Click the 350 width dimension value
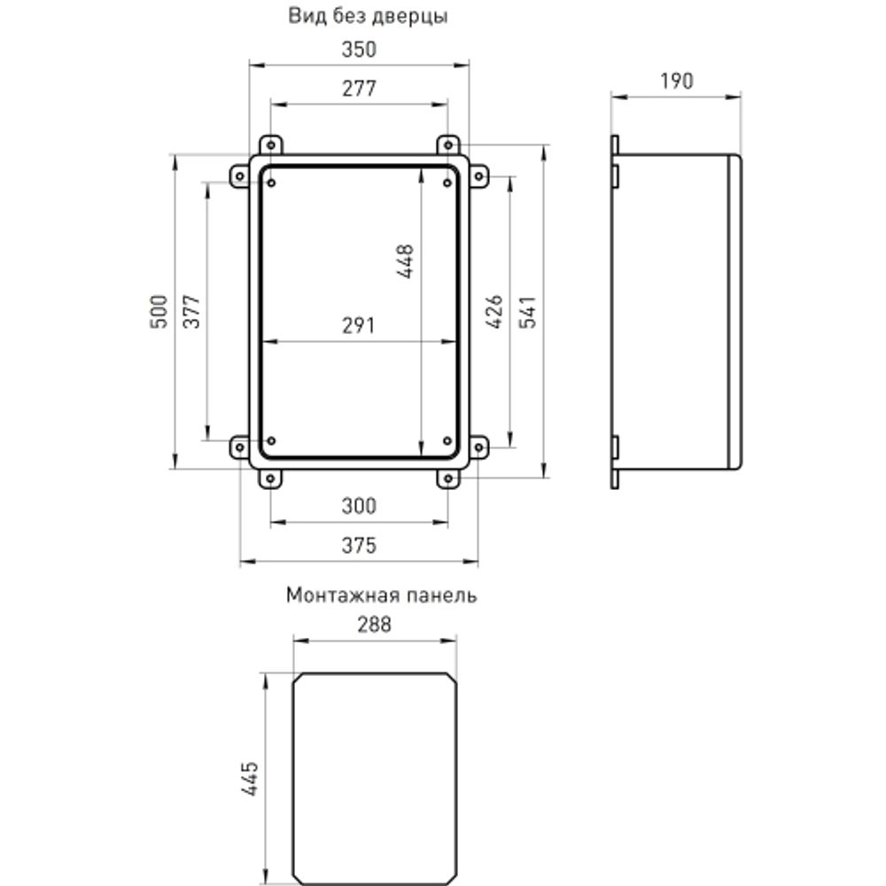(x=359, y=50)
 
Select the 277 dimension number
(x=359, y=89)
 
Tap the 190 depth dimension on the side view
(x=676, y=82)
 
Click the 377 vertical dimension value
(x=191, y=311)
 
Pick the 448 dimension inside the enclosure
(x=406, y=261)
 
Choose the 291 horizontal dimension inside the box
(x=359, y=325)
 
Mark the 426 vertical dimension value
(x=495, y=312)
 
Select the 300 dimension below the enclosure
(x=359, y=507)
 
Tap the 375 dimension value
(x=359, y=546)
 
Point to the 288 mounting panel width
(x=374, y=624)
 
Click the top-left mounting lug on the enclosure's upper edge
(x=270, y=144)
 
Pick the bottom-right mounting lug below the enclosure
(x=448, y=478)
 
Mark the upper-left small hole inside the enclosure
(x=271, y=183)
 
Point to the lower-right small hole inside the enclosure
(x=447, y=440)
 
